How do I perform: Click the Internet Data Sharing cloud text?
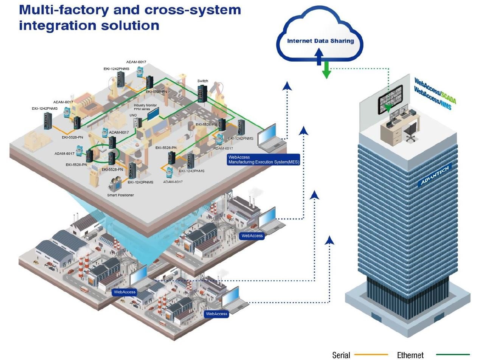coord(320,41)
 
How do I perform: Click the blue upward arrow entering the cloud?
coord(319,59)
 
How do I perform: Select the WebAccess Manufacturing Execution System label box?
coord(263,160)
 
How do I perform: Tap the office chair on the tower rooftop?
coord(410,132)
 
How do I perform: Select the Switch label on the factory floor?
coord(203,81)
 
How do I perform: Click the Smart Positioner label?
coord(121,195)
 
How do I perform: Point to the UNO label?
coord(133,115)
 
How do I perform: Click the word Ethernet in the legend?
coord(410,355)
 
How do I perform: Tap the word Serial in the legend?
coord(341,355)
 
